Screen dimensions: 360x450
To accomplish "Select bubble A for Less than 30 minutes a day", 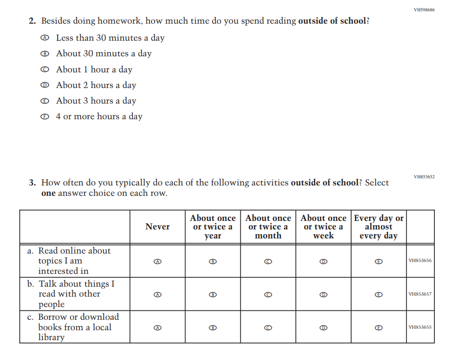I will (x=44, y=38).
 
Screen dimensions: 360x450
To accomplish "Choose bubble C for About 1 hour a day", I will (x=44, y=70).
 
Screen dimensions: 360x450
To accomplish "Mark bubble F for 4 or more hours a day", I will (x=44, y=116).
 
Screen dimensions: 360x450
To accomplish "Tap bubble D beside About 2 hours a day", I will (x=44, y=85).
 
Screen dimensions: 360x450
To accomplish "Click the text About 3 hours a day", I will (x=96, y=101).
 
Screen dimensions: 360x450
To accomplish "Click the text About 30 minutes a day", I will (x=104, y=53).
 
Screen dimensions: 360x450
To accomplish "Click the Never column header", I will (x=158, y=227).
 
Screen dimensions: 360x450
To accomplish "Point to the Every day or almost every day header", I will (x=379, y=227).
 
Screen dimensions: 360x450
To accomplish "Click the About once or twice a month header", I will (x=268, y=227).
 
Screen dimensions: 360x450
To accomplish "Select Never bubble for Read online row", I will (x=158, y=261).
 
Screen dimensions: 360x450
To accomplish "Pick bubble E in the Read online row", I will (x=379, y=261).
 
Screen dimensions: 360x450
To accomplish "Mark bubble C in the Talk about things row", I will (x=268, y=294).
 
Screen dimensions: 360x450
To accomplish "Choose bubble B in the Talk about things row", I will (x=213, y=294).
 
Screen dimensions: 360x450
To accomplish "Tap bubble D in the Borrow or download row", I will (x=324, y=327).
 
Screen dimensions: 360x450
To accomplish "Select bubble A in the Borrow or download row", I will (x=158, y=327).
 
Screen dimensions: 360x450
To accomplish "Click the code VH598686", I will (x=424, y=9).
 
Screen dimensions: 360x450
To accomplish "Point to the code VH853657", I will (x=420, y=294).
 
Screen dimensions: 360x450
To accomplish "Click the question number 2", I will (x=32, y=21).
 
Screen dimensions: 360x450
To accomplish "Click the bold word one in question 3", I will (x=48, y=193).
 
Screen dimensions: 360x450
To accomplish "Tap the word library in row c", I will (x=51, y=337).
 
